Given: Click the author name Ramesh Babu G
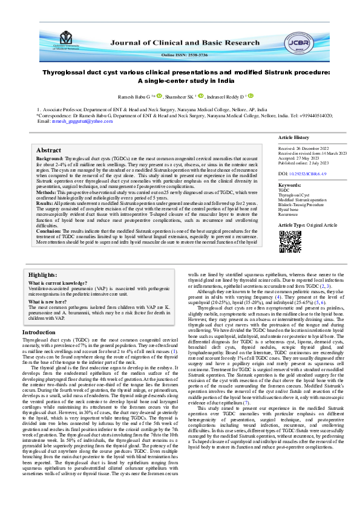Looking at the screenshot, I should pos(133,96).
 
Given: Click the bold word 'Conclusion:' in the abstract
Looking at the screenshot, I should pos(49,231).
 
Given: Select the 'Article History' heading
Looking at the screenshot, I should pos(293,138).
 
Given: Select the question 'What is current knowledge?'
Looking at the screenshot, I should pos(59,283).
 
